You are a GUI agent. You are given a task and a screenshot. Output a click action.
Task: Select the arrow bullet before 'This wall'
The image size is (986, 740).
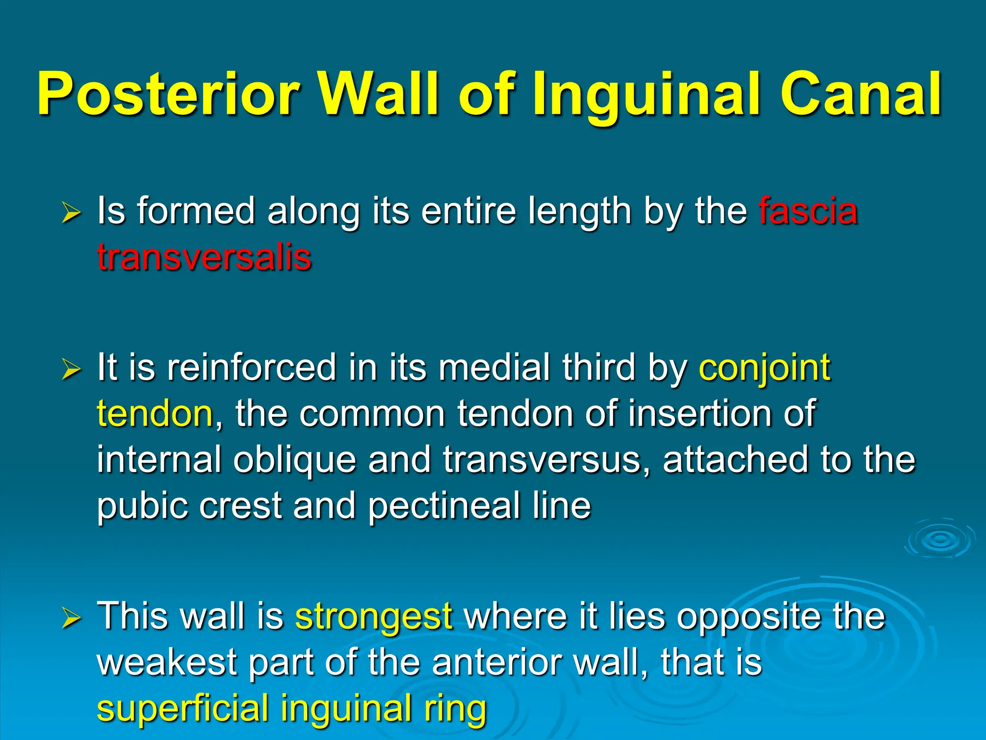click(x=71, y=618)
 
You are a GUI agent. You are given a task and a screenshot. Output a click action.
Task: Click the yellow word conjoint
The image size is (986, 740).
click(x=765, y=368)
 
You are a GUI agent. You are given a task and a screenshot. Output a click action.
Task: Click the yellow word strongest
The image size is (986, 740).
click(x=374, y=617)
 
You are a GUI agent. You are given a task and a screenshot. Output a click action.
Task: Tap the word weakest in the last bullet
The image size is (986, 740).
click(x=167, y=662)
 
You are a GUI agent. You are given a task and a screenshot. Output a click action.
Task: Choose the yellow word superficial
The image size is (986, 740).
click(x=182, y=708)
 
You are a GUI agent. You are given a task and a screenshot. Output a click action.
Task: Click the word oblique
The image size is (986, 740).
click(x=295, y=460)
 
